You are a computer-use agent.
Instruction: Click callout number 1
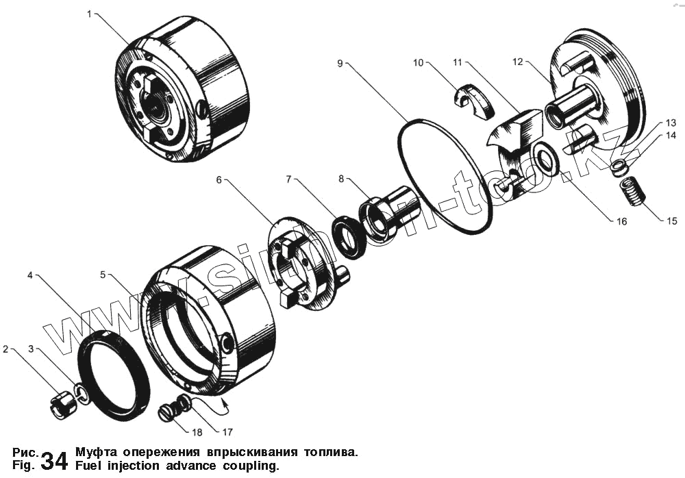pos(89,14)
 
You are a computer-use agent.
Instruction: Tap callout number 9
pos(340,62)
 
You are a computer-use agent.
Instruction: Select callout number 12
pos(517,62)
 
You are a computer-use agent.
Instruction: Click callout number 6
pos(219,179)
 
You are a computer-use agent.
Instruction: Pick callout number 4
pos(30,275)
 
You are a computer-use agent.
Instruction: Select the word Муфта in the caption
pos(96,453)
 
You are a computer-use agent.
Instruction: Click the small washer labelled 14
pos(619,166)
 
